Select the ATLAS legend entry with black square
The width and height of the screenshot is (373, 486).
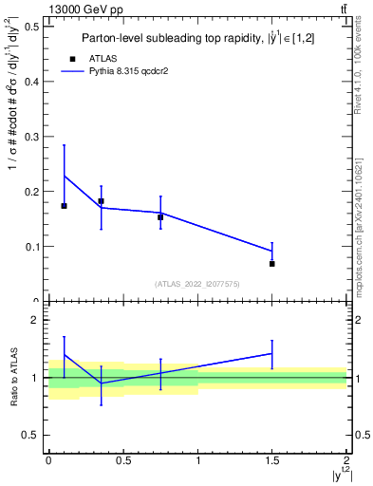[73, 57]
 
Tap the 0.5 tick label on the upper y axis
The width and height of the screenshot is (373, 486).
[30, 27]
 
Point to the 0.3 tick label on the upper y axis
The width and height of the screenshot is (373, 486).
[30, 137]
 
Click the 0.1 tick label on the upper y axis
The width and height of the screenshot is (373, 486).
[30, 247]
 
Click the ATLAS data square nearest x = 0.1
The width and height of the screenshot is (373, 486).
[64, 206]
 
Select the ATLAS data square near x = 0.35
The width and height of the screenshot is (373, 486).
[101, 201]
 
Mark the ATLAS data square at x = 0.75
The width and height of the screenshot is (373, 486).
[160, 217]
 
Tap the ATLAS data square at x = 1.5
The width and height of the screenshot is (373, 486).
[272, 264]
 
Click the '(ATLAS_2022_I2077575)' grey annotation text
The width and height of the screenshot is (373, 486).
[197, 284]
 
